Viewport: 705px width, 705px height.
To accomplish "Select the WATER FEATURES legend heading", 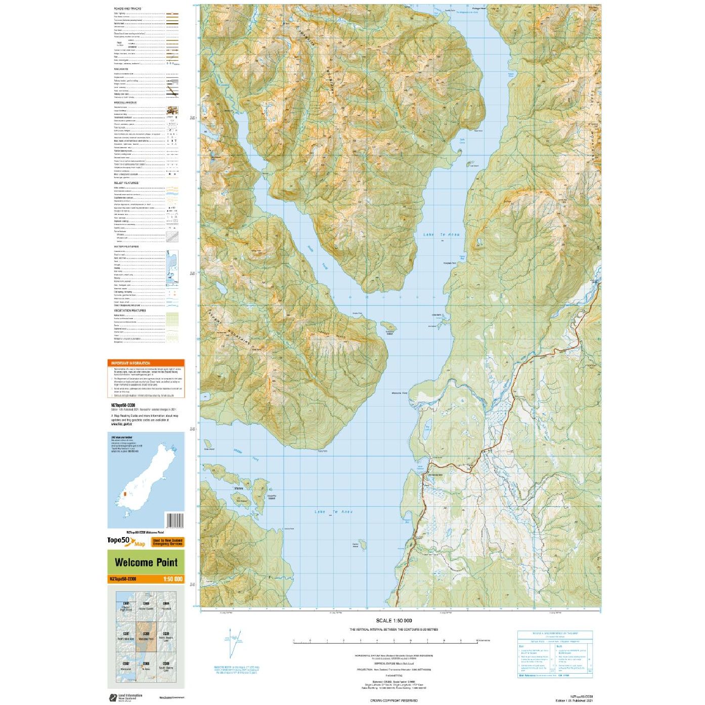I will pyautogui.click(x=126, y=247).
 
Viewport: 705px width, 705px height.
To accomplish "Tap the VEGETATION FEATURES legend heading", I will pyautogui.click(x=129, y=311).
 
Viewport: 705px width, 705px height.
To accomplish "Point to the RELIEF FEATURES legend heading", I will pyautogui.click(x=126, y=183).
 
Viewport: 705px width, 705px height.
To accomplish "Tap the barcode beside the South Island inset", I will pyautogui.click(x=174, y=520).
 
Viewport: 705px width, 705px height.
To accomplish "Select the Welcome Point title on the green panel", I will pyautogui.click(x=146, y=562).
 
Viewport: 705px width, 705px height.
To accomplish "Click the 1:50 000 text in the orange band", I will pyautogui.click(x=172, y=580).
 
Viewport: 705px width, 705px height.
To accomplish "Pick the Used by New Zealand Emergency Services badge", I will pyautogui.click(x=167, y=542).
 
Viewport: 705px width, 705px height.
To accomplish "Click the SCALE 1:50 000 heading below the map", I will pyautogui.click(x=393, y=621).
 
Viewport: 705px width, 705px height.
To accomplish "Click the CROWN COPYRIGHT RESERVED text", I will pyautogui.click(x=393, y=700).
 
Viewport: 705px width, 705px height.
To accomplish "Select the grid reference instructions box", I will pyautogui.click(x=554, y=654).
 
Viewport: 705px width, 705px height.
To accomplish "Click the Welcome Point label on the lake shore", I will pyautogui.click(x=400, y=393).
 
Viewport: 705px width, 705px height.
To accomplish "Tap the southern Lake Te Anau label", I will pyautogui.click(x=333, y=512).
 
